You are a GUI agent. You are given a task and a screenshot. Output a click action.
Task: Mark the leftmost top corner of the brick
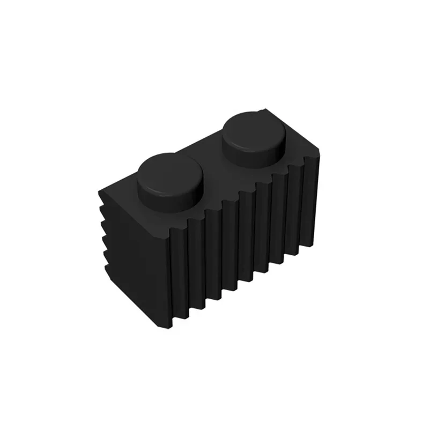pos(98,189)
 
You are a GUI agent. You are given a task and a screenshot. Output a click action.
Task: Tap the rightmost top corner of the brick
pos(322,156)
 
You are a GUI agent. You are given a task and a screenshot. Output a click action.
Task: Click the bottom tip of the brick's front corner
pos(173,327)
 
